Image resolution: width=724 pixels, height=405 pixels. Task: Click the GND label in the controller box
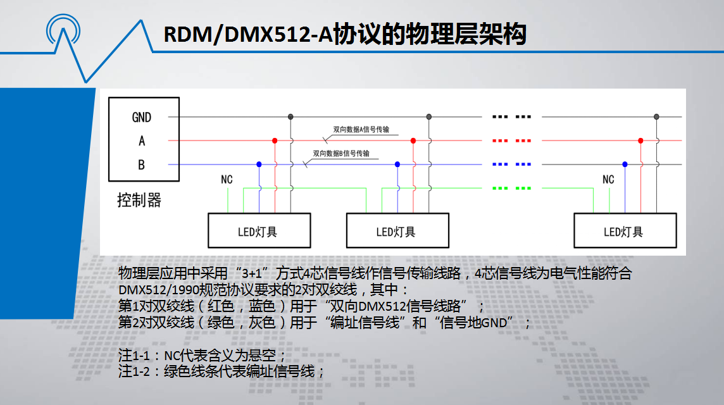(141, 117)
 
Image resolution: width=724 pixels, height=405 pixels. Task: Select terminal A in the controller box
(142, 141)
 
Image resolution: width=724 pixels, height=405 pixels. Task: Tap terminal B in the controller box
(141, 165)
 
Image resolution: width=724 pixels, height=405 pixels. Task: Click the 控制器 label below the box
(139, 201)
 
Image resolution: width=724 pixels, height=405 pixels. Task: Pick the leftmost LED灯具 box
(259, 230)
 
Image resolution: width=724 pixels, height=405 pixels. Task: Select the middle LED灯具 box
(397, 230)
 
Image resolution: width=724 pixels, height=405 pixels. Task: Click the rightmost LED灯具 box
(625, 230)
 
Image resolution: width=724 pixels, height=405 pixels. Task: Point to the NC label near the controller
(227, 180)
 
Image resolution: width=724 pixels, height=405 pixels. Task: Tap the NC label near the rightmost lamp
(608, 180)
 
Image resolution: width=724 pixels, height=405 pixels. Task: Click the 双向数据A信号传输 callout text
(361, 130)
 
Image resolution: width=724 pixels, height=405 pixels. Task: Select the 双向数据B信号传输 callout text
(341, 153)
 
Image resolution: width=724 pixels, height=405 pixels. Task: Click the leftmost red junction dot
(275, 140)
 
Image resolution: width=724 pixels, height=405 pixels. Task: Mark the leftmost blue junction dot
(259, 165)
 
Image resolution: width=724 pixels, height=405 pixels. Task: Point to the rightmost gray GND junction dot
(656, 117)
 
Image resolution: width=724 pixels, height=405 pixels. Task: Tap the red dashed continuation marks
(511, 140)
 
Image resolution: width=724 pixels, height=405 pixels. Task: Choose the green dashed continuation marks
(511, 189)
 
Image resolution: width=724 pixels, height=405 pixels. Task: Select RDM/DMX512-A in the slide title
(248, 35)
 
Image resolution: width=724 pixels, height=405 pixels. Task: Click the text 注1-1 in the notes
(134, 356)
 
